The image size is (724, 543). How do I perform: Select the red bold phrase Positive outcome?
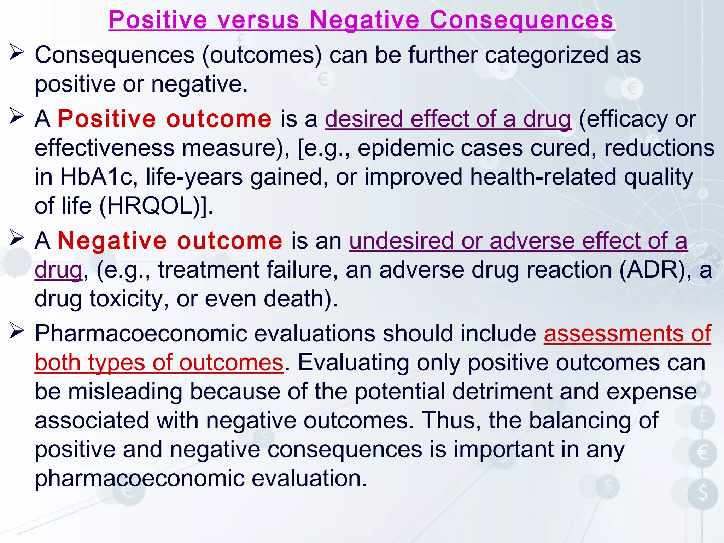click(x=164, y=119)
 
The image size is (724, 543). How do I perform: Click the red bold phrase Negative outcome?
click(x=170, y=241)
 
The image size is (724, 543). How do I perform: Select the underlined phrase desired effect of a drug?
click(x=448, y=119)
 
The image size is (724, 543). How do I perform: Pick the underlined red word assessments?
click(x=613, y=333)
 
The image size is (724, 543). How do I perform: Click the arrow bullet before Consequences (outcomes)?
click(x=17, y=53)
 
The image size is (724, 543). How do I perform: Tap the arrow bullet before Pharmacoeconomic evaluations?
click(x=17, y=331)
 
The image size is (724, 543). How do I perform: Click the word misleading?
click(x=125, y=391)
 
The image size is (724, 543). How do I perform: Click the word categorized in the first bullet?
click(x=546, y=55)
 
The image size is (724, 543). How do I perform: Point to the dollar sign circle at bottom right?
click(x=703, y=493)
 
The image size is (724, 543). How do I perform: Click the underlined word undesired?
click(x=401, y=241)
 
